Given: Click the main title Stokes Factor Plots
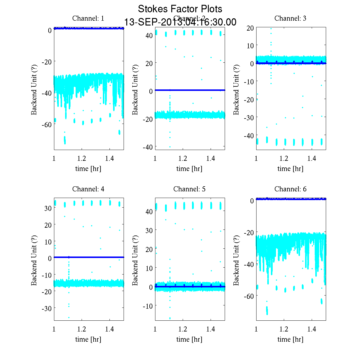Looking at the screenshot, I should [180, 9].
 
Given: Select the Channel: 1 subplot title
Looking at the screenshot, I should [88, 18].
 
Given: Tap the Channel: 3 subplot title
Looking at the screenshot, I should [290, 18].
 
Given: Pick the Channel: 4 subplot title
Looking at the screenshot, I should [88, 189].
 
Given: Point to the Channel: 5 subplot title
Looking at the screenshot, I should [189, 189].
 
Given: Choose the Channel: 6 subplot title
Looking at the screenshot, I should [290, 189].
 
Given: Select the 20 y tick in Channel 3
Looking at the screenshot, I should [250, 28].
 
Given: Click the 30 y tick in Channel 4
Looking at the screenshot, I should [48, 208].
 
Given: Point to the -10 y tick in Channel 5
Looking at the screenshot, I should [148, 306].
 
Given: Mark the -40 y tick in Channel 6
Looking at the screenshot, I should [248, 264].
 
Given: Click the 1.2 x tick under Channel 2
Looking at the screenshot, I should [183, 158].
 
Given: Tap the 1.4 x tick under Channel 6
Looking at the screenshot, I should [312, 329].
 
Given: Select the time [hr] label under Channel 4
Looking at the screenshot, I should [88, 339].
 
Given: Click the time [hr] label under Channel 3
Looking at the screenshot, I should [290, 169].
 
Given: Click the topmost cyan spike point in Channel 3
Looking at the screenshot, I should [271, 29].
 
